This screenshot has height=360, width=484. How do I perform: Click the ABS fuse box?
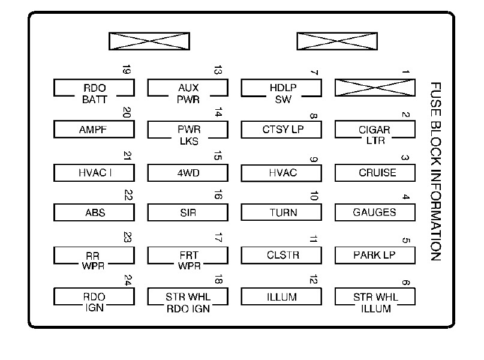94,212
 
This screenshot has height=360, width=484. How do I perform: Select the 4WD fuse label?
188,173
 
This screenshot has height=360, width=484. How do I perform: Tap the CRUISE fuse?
375,173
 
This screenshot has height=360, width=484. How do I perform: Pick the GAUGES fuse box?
375,212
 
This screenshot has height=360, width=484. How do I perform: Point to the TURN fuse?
282,212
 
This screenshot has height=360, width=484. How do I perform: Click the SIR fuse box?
188,212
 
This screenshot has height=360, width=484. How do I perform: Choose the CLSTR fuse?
282,255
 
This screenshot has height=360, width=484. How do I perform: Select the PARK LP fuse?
375,255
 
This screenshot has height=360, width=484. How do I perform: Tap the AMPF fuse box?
94,130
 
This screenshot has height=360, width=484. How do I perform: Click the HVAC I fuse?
94,173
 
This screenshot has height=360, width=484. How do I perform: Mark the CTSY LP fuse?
282,130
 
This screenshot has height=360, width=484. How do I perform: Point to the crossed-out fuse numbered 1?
375,87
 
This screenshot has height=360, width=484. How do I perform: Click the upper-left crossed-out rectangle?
149,41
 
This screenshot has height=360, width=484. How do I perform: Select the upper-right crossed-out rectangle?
338,41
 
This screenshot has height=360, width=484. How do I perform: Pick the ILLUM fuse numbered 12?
282,297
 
